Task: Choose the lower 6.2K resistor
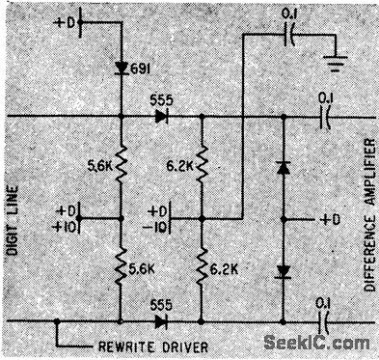point(203,269)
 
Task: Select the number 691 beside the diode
point(144,70)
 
